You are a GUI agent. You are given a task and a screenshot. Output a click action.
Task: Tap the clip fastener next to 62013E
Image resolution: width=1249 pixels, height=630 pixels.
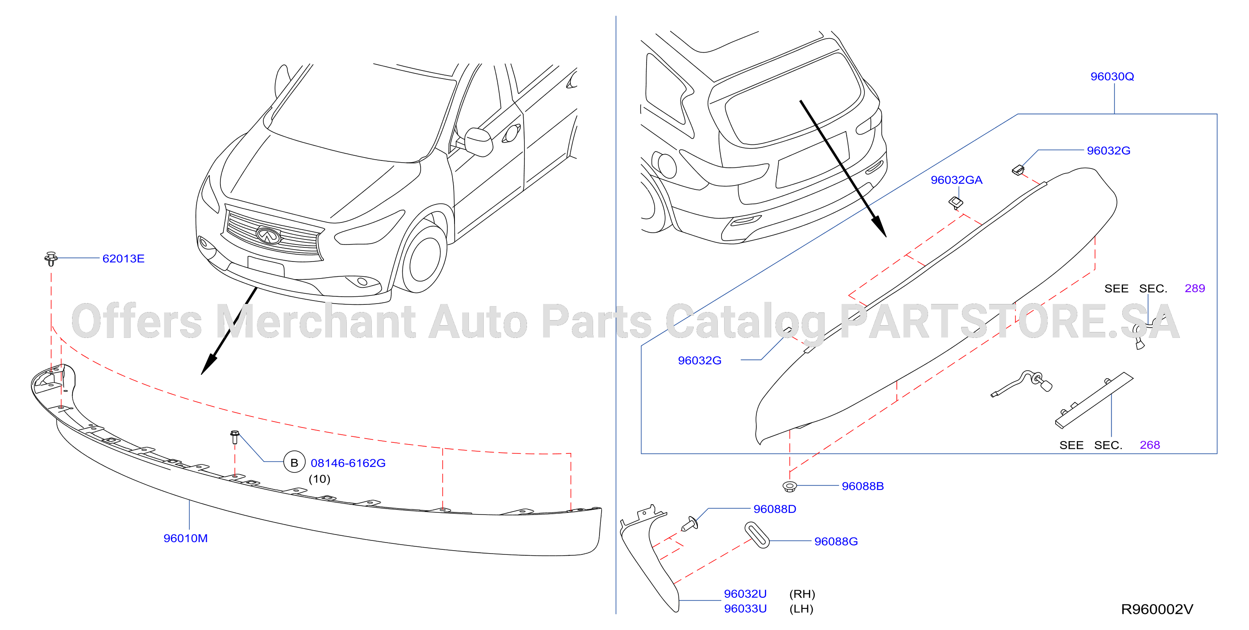[x=51, y=259]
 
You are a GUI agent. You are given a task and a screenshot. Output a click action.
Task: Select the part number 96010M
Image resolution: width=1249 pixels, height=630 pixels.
[x=185, y=538]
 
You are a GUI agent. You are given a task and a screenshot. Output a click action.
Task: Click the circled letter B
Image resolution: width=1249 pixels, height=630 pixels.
[x=294, y=463]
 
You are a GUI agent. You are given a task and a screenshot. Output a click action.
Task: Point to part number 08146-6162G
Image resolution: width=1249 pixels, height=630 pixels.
[x=348, y=463]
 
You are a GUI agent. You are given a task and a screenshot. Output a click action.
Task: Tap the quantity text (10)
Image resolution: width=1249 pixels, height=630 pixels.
[x=320, y=479]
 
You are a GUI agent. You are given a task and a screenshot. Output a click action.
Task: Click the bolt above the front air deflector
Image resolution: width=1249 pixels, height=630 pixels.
[x=235, y=437]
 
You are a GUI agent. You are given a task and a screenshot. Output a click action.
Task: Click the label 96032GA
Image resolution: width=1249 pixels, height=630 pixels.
[x=956, y=180]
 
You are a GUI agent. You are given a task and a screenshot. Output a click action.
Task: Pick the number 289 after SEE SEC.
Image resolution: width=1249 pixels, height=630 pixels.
[x=1194, y=288]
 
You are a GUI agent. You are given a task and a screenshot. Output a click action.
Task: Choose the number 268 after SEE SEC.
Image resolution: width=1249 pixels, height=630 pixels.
[x=1150, y=445]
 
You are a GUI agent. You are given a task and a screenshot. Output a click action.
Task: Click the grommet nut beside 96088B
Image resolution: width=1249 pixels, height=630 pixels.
[x=790, y=486]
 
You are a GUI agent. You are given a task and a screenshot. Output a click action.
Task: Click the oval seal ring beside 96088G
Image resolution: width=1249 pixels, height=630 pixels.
[x=757, y=535]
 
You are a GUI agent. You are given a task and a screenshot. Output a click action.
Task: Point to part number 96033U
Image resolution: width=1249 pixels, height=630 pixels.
[x=745, y=609]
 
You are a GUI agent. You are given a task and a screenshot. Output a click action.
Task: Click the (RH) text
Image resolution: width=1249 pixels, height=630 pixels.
[x=802, y=594]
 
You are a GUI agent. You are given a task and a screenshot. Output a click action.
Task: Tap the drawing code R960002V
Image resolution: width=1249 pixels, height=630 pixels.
[x=1157, y=609]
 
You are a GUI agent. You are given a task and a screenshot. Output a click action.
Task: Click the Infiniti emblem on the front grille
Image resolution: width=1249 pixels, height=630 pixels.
[x=268, y=235]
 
